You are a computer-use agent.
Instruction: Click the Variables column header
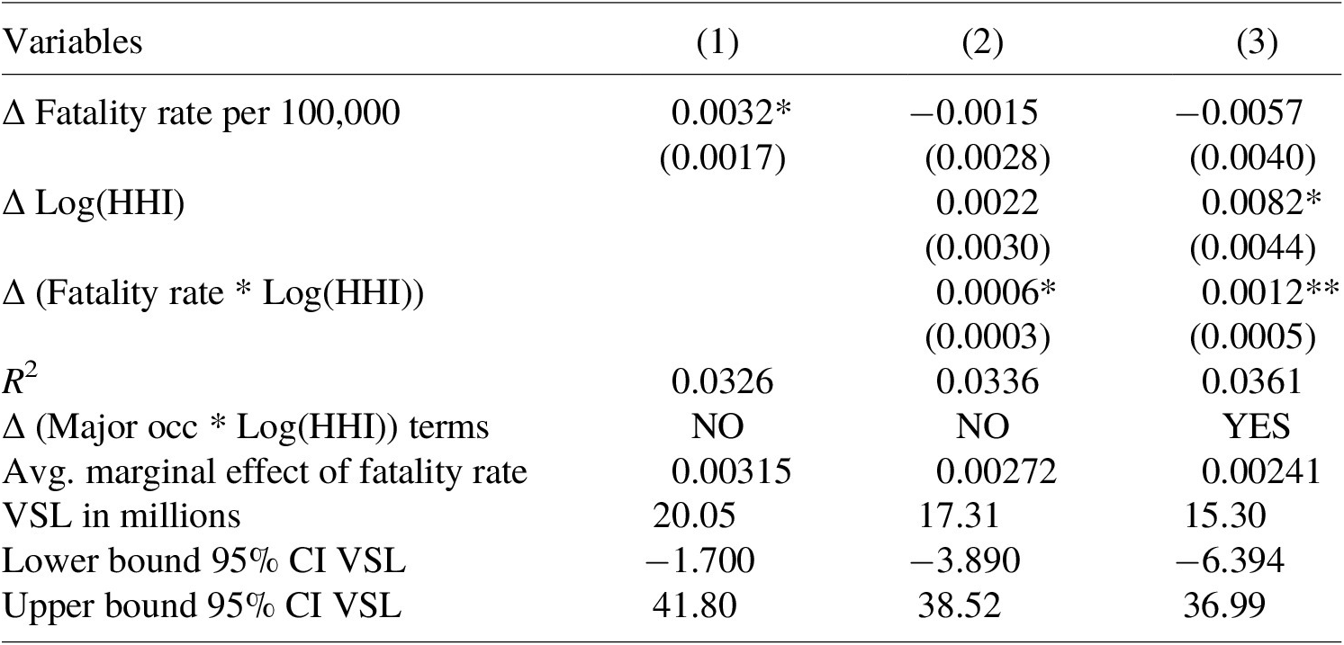coord(73,42)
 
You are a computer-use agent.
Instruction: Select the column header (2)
coord(982,43)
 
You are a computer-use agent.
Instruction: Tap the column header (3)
coord(1257,43)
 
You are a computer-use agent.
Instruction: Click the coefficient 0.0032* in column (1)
coord(731,112)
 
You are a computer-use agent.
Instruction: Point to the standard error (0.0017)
coord(722,157)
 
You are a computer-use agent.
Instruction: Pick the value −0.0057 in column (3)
coord(1239,112)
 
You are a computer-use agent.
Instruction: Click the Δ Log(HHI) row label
coord(94,203)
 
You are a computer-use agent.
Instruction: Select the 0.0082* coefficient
coord(1261,202)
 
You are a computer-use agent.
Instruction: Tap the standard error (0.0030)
coord(988,247)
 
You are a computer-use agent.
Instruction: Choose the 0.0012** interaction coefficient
coord(1270,292)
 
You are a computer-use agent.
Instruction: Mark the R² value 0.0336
coord(987,381)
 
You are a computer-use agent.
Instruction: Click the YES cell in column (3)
coord(1257,426)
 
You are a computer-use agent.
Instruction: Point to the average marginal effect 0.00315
coord(731,471)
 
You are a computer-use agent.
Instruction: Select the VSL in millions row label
coord(122,516)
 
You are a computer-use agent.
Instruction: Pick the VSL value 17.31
coord(959,516)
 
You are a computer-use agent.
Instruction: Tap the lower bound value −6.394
coord(1230,561)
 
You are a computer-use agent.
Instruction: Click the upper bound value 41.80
coord(694,606)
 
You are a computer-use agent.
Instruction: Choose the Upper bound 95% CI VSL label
coord(202,606)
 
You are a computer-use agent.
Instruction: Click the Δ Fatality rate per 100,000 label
coord(201,113)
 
